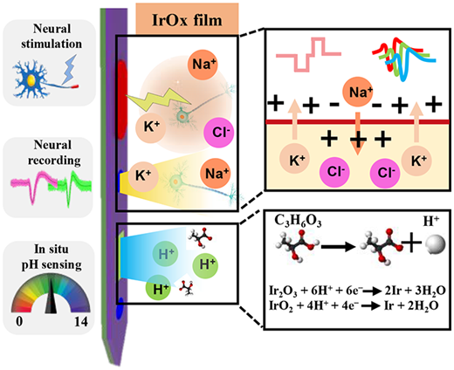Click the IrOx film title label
[187, 20]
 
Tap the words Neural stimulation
[52, 37]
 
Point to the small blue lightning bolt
[69, 68]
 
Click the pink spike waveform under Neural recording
[34, 186]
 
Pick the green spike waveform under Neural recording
[74, 186]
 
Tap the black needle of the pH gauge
[52, 296]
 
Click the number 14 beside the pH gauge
[80, 322]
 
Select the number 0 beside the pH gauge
[19, 322]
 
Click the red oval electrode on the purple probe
[122, 99]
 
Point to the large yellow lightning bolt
[158, 99]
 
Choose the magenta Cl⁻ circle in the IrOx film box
[219, 133]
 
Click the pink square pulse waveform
[308, 54]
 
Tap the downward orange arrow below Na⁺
[358, 134]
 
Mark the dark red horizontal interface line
[358, 121]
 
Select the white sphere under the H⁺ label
[436, 245]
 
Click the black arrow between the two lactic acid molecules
[339, 248]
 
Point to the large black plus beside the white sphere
[411, 242]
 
